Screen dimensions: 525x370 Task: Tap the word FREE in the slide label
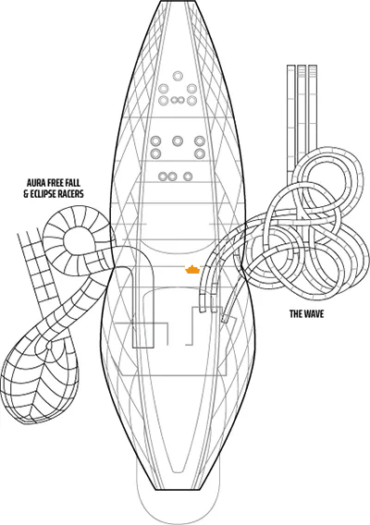[59, 182]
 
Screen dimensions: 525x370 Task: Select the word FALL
[80, 182]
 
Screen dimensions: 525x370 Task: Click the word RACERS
[74, 194]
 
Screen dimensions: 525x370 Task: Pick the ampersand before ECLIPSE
[25, 194]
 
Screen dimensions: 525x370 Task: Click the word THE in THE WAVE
[297, 314]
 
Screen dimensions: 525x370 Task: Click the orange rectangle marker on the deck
[191, 270]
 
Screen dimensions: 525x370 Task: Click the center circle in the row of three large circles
[178, 142]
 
